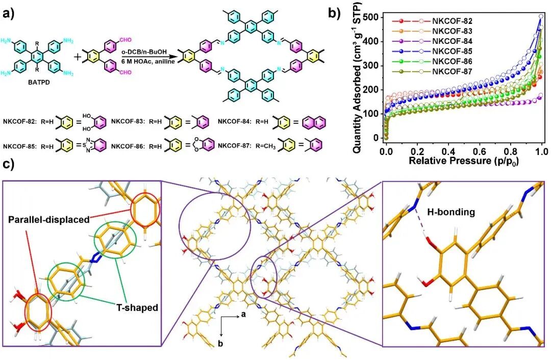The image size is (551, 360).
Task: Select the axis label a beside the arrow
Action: [x=243, y=315]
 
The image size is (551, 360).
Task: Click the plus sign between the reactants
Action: [x=78, y=57]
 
